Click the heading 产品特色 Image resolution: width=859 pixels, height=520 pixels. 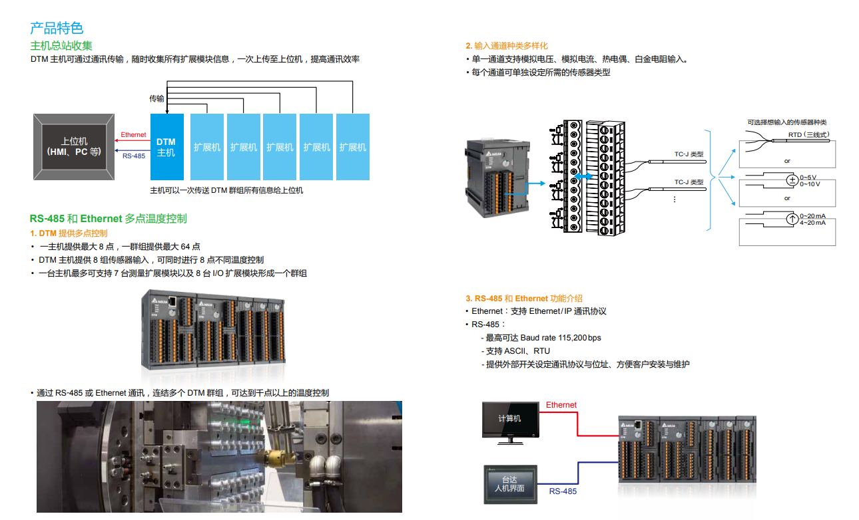pos(57,28)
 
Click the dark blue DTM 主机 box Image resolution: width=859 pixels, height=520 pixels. pos(166,147)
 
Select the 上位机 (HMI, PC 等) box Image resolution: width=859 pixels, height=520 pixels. pos(74,147)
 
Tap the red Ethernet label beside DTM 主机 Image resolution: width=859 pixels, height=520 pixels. pos(133,135)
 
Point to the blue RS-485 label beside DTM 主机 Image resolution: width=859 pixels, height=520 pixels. pos(134,156)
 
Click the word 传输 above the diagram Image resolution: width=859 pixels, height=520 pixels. pos(156,98)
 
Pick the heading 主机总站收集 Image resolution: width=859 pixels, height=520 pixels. pos(61,45)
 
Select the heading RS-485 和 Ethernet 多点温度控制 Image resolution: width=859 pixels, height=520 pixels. pos(108,218)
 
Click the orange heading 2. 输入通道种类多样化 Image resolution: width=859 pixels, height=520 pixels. pos(506,46)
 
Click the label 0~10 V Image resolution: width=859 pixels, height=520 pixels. pos(810,184)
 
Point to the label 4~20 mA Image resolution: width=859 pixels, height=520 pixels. pos(812,223)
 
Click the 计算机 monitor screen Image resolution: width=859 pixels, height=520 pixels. pos(510,419)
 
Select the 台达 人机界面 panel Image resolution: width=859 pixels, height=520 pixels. pos(509,484)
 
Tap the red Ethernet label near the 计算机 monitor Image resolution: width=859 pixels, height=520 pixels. pos(561,405)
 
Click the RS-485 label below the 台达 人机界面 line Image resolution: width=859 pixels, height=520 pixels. pos(563,491)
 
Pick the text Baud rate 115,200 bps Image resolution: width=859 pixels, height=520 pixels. pos(561,338)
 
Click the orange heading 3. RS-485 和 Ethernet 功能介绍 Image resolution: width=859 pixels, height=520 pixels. pos(523,299)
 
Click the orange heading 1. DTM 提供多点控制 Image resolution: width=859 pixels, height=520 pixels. pos(69,233)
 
